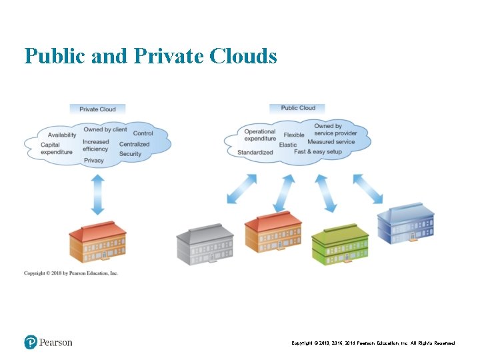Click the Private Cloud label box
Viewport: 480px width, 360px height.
[x=97, y=109]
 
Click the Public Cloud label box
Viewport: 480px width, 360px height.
[x=297, y=108]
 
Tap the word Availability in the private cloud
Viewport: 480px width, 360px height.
[x=61, y=135]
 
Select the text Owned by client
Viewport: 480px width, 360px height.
[x=105, y=129]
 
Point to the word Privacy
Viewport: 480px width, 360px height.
[x=94, y=161]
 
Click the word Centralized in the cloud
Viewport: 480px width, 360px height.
[x=134, y=144]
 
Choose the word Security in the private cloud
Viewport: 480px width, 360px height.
[x=131, y=154]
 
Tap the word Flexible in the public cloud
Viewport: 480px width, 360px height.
[x=294, y=135]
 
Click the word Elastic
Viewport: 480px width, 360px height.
[x=288, y=145]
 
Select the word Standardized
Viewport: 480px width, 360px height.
[x=255, y=152]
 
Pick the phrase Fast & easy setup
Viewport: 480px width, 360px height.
[x=318, y=152]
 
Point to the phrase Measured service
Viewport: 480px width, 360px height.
[x=331, y=142]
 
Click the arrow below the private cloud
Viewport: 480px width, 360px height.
[x=98, y=194]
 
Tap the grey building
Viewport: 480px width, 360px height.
[x=205, y=245]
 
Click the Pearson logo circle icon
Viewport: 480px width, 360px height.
[x=31, y=342]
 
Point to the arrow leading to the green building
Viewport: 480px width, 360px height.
[x=326, y=193]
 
